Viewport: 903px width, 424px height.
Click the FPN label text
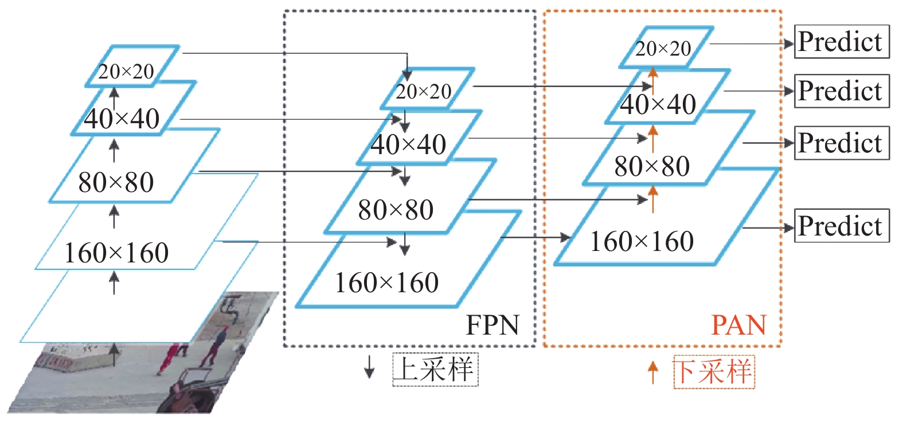492,325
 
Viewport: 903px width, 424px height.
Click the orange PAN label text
738,325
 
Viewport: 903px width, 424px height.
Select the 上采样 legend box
435,370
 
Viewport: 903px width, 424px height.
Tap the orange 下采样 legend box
714,372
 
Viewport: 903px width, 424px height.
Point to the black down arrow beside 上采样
369,367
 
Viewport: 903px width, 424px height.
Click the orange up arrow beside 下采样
653,372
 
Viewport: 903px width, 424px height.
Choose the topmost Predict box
842,41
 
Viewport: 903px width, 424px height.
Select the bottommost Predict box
842,225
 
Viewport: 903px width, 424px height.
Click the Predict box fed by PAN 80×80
842,143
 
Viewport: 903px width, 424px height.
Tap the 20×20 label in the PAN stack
663,49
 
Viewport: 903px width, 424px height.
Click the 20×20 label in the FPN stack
423,92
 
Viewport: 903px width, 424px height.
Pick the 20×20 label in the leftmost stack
126,72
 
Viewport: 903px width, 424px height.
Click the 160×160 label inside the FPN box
386,282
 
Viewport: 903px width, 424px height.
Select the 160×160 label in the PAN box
642,241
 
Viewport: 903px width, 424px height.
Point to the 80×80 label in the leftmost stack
116,182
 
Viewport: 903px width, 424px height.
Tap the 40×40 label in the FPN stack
408,144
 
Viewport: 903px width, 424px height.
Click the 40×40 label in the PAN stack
658,104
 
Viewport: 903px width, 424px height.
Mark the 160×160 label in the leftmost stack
116,253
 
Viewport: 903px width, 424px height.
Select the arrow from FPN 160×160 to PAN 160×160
535,237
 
